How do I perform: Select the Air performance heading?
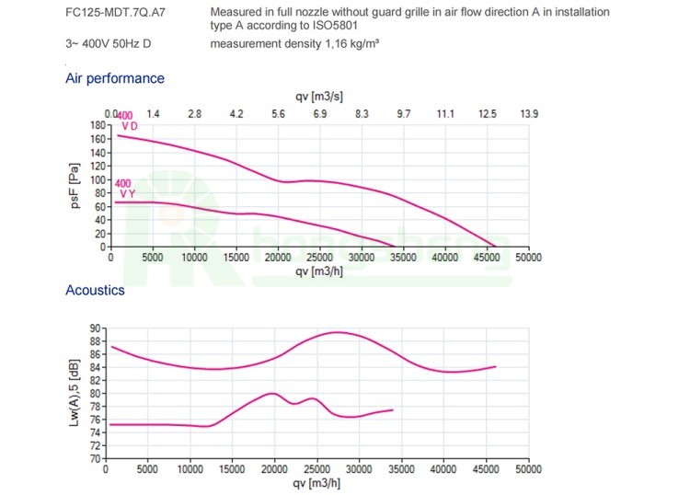[x=115, y=79]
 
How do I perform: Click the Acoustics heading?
[x=95, y=291]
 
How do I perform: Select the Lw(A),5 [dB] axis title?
[x=76, y=392]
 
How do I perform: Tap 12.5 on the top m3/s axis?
[x=487, y=113]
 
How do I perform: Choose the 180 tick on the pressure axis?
[x=98, y=124]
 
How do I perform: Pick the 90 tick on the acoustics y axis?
[x=95, y=328]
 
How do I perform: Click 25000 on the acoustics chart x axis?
[x=316, y=469]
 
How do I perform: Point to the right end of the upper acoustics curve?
[x=496, y=366]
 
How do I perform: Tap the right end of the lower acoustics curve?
[x=393, y=409]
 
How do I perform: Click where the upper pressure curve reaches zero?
[x=495, y=247]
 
